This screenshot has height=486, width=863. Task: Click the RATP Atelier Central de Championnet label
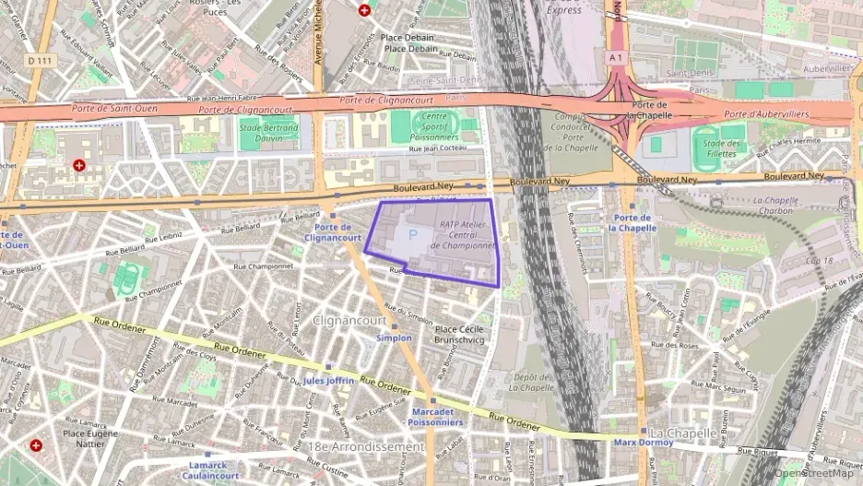pos(467,234)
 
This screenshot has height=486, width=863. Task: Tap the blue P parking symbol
pos(412,236)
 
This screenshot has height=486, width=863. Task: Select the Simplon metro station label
pos(394,338)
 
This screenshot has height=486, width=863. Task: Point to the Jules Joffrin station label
pos(327,380)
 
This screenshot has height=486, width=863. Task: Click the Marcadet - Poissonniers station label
pos(437,417)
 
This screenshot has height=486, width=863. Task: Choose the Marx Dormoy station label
pos(644,443)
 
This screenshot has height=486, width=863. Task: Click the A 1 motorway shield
pos(616,56)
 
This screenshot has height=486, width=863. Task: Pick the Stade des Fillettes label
pos(721,148)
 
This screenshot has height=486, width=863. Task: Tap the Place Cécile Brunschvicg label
pos(459,334)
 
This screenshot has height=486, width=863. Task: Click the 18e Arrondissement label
pos(368,446)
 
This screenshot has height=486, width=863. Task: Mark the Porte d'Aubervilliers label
pos(765,114)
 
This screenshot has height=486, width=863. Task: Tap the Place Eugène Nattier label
pos(90,438)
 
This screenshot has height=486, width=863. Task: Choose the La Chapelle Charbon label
pos(773,205)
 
